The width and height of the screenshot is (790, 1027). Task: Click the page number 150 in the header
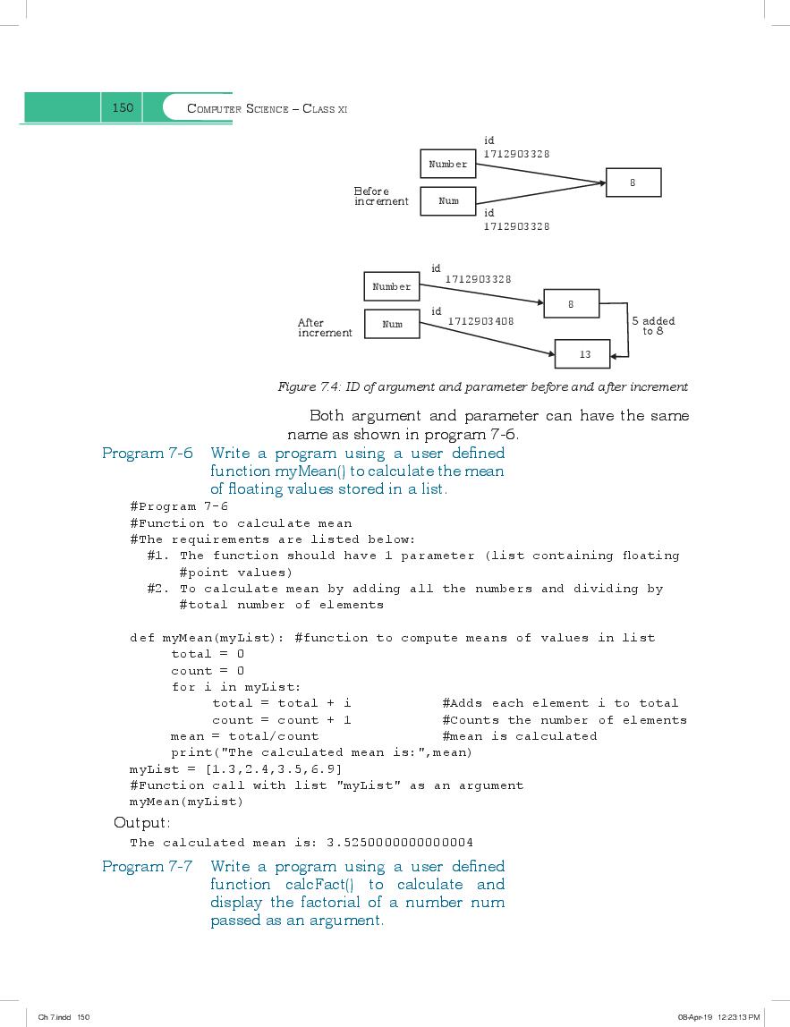(123, 107)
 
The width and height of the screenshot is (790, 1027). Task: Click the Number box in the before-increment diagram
(448, 164)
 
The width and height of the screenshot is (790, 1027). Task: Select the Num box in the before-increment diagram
(448, 201)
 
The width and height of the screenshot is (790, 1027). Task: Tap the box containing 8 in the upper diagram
(633, 182)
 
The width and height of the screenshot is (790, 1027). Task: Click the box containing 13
(582, 354)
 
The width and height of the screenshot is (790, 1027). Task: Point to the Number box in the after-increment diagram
(392, 286)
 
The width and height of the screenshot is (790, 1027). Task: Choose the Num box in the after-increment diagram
(392, 324)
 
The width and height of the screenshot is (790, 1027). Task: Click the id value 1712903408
(480, 321)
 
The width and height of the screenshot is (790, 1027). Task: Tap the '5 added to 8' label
(653, 326)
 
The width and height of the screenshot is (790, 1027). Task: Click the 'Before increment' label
(381, 196)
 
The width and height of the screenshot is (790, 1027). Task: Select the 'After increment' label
(325, 327)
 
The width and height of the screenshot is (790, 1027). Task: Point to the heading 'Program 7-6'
(148, 454)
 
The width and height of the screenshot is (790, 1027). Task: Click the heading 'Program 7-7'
(148, 867)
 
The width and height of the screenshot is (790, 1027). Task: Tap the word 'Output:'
(142, 823)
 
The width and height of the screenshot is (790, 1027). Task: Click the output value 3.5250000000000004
(400, 843)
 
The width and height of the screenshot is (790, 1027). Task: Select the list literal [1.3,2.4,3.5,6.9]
(273, 769)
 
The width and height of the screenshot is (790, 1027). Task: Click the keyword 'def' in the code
(142, 638)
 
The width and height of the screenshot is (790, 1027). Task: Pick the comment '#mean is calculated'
(520, 736)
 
